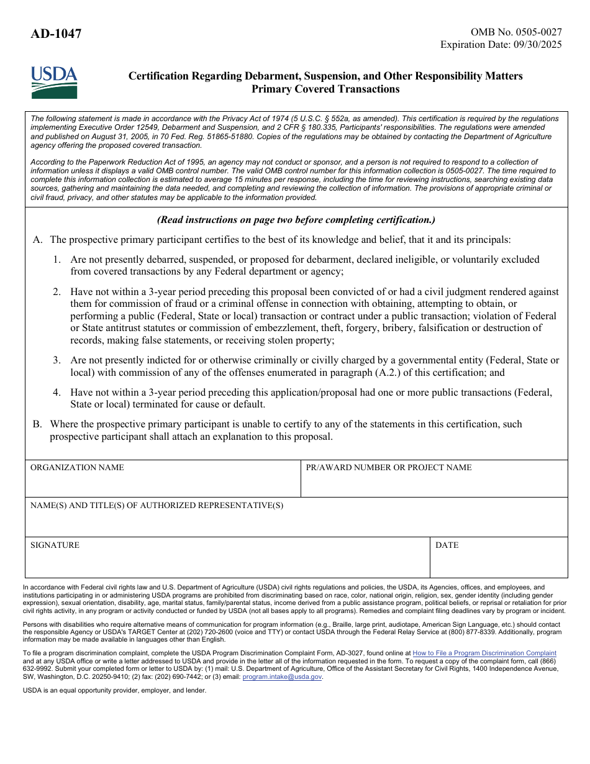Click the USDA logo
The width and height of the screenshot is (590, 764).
coord(54,83)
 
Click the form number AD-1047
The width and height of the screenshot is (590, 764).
coord(56,34)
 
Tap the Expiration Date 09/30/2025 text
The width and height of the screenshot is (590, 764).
coord(501,45)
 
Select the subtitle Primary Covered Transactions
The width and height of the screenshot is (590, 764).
coord(325,89)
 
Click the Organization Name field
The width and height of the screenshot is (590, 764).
coord(163,483)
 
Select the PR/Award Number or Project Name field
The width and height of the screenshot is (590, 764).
coord(433,483)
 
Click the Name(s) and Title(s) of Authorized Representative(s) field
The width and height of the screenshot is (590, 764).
coord(296,522)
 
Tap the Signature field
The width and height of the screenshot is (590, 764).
coord(227,562)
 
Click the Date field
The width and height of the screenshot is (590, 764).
coord(499,562)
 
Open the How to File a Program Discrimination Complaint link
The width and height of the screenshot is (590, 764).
coord(484,653)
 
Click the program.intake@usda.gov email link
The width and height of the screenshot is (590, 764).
coord(282,677)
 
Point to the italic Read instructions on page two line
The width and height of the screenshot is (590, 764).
coord(296,220)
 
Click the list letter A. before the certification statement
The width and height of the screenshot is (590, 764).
coord(37,240)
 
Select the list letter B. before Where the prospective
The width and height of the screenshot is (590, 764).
coord(37,424)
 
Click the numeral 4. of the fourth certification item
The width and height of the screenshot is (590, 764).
coord(57,393)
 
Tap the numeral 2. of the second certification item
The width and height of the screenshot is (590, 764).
coord(57,292)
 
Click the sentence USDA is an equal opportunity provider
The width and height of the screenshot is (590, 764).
coord(114,691)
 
